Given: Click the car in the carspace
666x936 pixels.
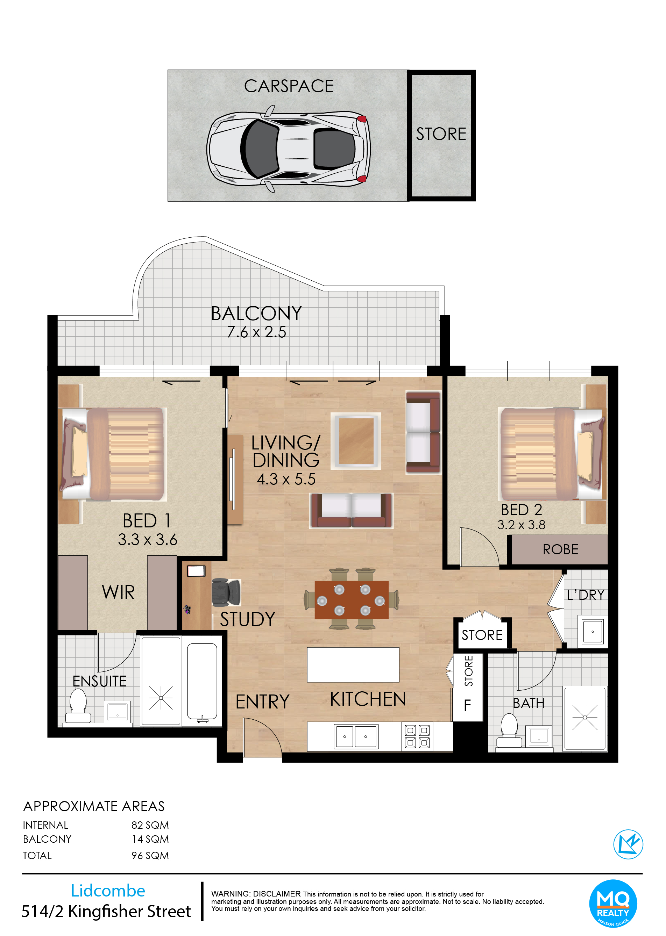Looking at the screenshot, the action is click(x=288, y=149).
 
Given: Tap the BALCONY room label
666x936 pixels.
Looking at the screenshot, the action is click(x=256, y=314).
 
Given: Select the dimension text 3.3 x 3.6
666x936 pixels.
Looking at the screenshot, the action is click(x=148, y=540).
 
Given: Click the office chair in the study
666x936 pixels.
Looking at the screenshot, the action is click(x=226, y=592).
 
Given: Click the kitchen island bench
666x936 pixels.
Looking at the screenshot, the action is click(x=353, y=665).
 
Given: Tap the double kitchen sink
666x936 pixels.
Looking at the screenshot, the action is click(x=356, y=736).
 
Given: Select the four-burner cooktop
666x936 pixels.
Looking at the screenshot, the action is click(x=418, y=736).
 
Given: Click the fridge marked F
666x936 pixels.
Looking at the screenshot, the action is click(x=468, y=705).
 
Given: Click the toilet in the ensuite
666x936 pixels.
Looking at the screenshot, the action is click(x=78, y=706).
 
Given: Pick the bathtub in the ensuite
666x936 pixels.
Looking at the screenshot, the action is click(x=202, y=682).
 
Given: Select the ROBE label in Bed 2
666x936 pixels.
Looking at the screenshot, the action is click(x=560, y=549).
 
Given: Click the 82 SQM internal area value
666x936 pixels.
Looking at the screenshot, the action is click(x=150, y=825).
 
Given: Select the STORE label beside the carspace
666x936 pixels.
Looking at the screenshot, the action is click(x=441, y=134).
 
